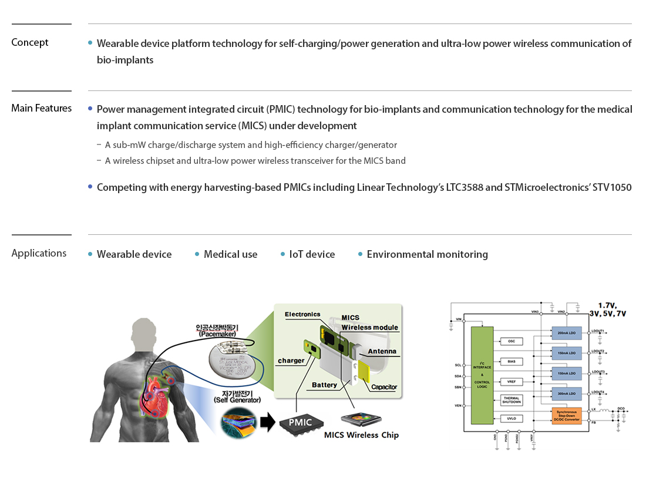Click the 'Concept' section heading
(x=30, y=42)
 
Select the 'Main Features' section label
(x=42, y=108)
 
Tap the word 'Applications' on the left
(x=39, y=253)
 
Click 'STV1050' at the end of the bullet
(x=612, y=187)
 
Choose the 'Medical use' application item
(x=230, y=254)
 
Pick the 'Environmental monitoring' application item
(x=427, y=254)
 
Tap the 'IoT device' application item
(x=312, y=254)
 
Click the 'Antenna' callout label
(x=382, y=352)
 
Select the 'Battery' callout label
(x=324, y=385)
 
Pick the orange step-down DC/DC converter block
(x=567, y=415)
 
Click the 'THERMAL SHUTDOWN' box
(x=511, y=400)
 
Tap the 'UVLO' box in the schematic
(x=511, y=419)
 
